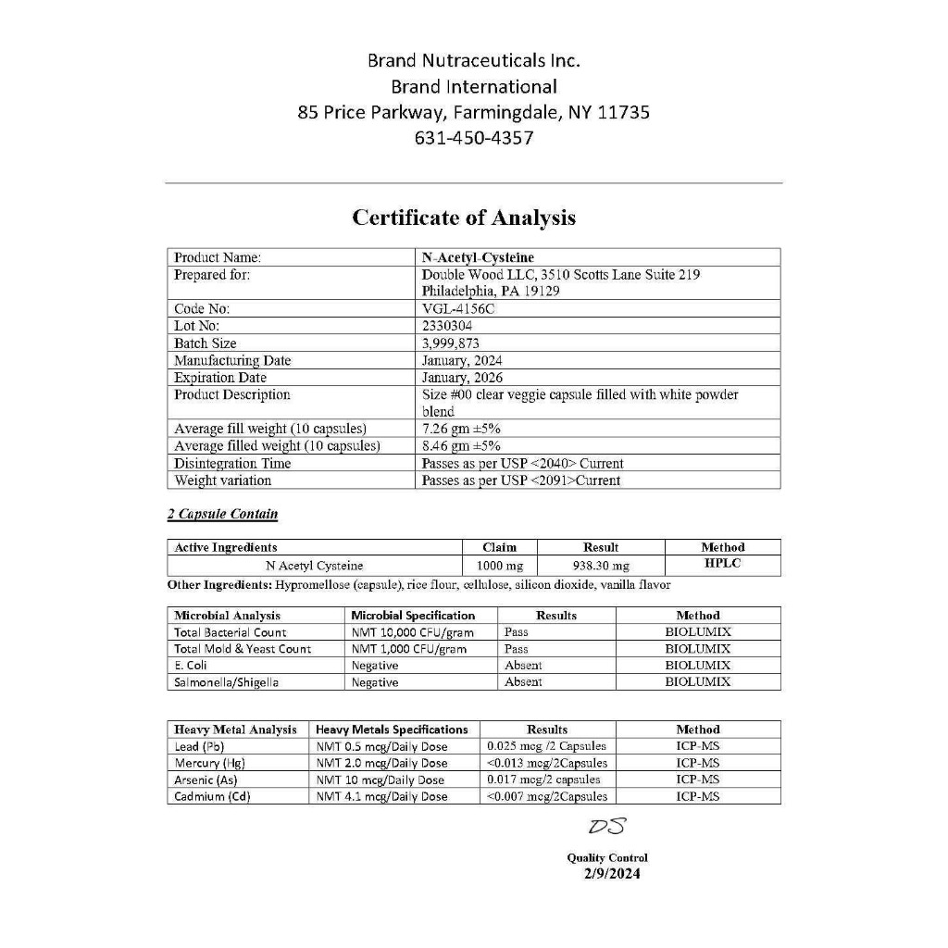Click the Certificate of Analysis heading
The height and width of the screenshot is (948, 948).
tap(464, 218)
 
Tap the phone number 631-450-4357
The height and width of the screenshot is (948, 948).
tap(474, 138)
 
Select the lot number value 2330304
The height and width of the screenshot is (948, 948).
tap(447, 326)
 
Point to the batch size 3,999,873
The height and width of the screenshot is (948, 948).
tap(451, 343)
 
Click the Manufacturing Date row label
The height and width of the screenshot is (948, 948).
tap(232, 360)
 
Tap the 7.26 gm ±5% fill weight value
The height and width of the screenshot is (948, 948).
tap(461, 429)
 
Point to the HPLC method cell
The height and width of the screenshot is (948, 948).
tap(723, 564)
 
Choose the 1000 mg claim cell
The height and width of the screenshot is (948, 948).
tap(500, 566)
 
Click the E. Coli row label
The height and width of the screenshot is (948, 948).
tap(191, 666)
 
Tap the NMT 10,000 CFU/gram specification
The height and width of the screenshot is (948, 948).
tap(409, 632)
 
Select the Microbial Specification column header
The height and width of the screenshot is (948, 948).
tap(413, 616)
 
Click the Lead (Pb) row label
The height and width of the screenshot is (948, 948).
tap(199, 746)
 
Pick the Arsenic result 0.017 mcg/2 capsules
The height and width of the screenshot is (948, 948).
tap(543, 780)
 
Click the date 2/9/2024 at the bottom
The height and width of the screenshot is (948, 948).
tap(611, 874)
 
